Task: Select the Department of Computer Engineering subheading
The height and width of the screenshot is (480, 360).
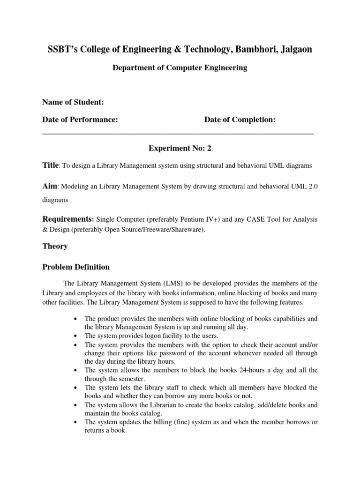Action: click(x=180, y=68)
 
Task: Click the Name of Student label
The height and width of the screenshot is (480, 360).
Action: click(x=73, y=102)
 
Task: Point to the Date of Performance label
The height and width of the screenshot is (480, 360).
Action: click(x=80, y=120)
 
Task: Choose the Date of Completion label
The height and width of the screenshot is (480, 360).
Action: click(x=240, y=120)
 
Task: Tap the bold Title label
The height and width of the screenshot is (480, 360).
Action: click(x=50, y=165)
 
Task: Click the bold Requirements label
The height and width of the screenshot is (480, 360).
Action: click(x=68, y=219)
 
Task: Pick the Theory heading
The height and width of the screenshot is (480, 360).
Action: click(x=55, y=246)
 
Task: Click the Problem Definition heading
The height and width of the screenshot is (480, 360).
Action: click(x=76, y=267)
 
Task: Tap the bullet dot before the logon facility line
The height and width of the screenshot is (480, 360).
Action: click(x=75, y=336)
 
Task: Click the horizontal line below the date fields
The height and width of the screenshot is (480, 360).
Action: click(x=178, y=134)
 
